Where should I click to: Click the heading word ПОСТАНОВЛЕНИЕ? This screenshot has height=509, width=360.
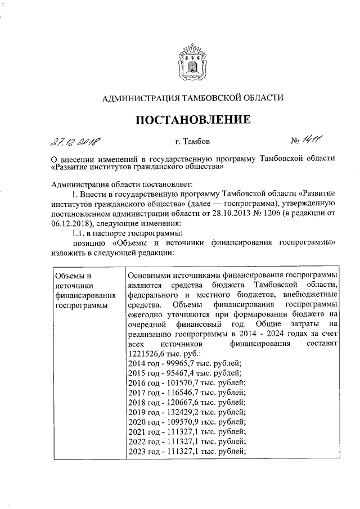[191, 119]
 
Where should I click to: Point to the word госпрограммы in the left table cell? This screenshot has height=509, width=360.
[79, 305]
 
